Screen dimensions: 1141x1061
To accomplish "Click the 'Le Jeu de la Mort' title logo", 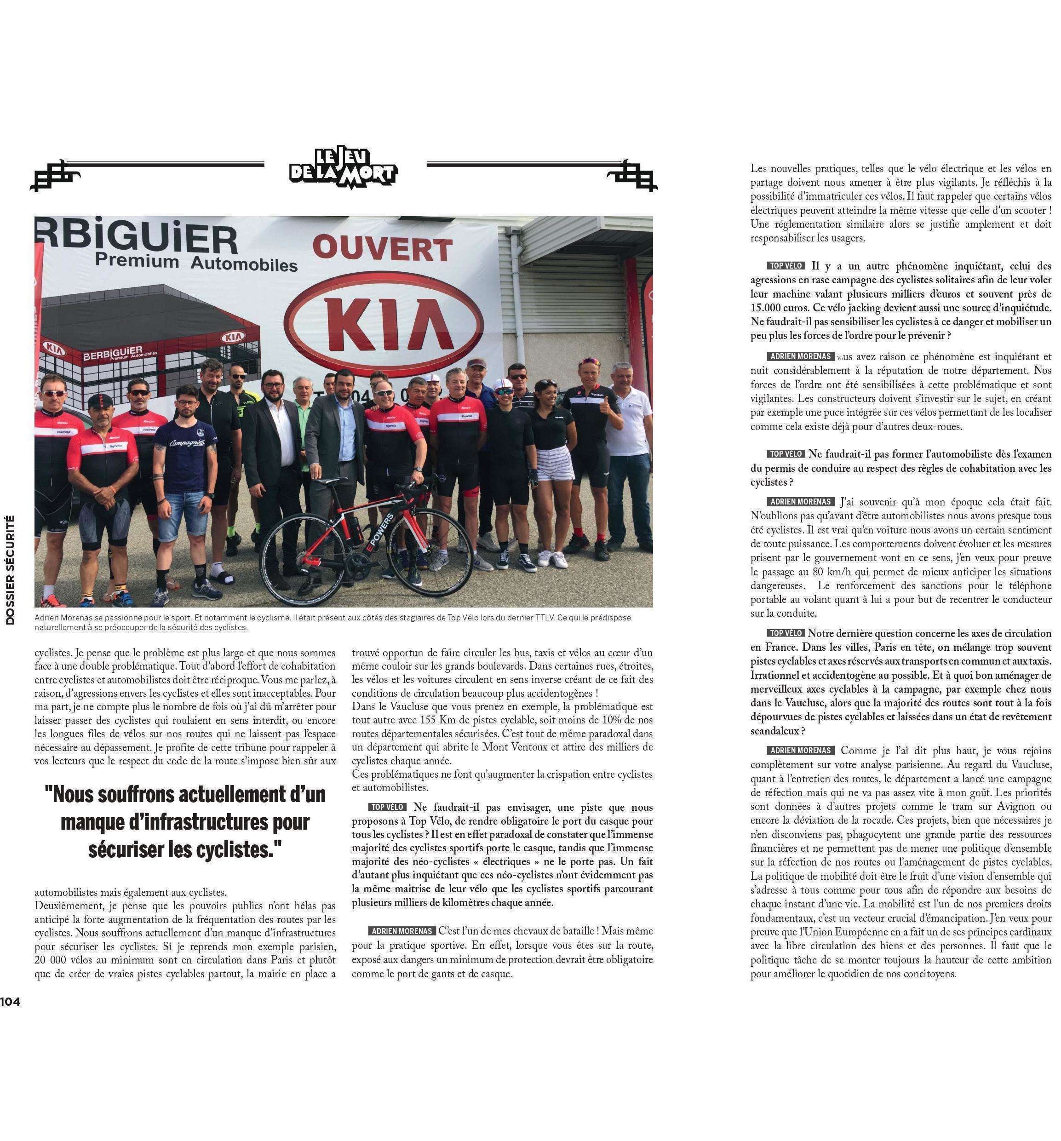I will click(x=343, y=167).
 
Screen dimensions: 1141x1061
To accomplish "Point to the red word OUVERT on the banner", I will click(x=382, y=250).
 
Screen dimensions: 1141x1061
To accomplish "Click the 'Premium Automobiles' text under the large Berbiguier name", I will click(x=195, y=263).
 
